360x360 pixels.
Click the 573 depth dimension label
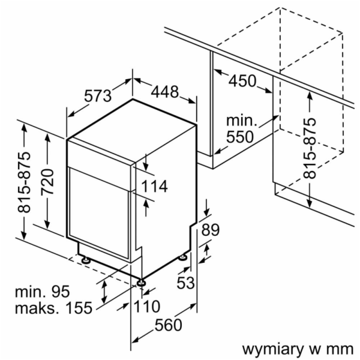pos(98,96)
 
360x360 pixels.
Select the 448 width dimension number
pos(164,92)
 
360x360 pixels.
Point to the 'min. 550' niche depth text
pos(240,128)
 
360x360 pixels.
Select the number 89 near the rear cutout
pos(210,230)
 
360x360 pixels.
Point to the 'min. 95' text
pos(43,292)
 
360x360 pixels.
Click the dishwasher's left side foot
pos(88,260)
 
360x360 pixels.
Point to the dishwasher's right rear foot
pos(182,257)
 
